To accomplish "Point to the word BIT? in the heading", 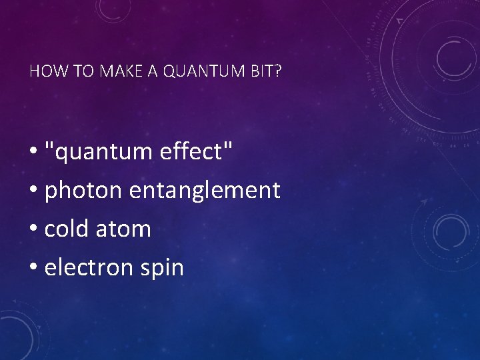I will pos(266,71).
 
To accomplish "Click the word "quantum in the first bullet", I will pos(99,153).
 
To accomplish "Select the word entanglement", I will pos(205,191).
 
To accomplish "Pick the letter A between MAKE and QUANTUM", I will pos(153,71).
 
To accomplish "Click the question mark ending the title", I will pos(278,71).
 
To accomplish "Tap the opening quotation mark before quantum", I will pos(49,145).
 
